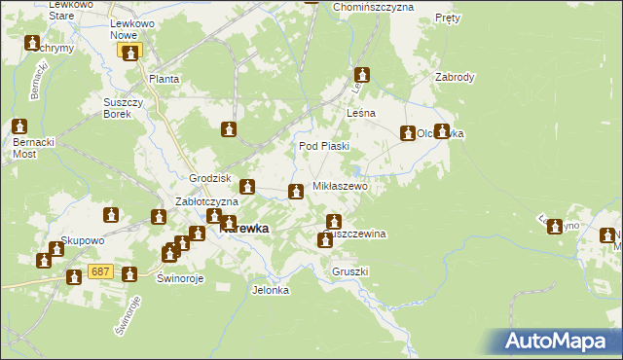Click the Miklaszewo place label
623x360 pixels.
(340, 186)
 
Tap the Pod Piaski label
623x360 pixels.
(323, 146)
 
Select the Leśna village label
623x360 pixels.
(361, 114)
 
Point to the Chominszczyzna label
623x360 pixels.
(373, 6)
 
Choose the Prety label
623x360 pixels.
(448, 18)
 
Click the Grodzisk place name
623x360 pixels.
(209, 179)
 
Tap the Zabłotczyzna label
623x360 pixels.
(205, 201)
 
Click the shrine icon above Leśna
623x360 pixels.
(362, 74)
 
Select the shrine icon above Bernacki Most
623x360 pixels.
(19, 126)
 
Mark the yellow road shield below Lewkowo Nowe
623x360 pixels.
(134, 52)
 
